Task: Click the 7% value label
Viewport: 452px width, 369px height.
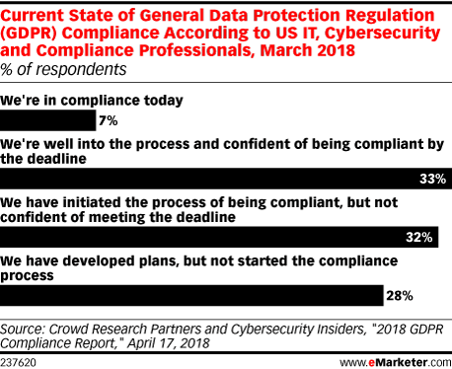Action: click(x=108, y=121)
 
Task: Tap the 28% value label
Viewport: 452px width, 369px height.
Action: click(x=399, y=294)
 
